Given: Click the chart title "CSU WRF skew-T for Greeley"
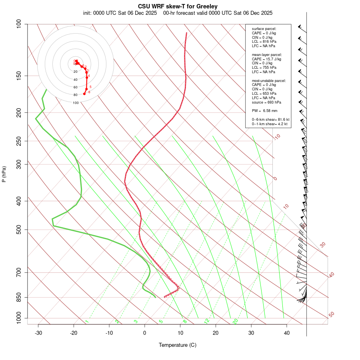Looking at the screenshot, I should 178,6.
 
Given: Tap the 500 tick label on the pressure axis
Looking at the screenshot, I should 18,230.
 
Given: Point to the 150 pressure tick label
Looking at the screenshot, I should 18,76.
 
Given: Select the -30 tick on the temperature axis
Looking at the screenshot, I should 38,333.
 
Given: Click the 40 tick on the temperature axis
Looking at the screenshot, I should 287,333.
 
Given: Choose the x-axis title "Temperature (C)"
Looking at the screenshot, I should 178,345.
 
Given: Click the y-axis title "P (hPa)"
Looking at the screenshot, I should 4,174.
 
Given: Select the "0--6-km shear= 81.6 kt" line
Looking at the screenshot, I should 270,120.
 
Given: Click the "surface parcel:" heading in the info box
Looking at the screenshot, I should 264,29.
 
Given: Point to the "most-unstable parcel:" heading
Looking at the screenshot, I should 269,80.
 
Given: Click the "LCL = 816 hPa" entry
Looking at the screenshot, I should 264,42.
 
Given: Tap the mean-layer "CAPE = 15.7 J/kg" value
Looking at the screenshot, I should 266,59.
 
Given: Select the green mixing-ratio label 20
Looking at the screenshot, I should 236,321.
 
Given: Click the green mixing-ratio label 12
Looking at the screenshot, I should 207,321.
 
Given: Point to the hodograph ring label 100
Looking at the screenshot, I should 76,103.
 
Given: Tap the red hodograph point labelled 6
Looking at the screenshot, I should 84,94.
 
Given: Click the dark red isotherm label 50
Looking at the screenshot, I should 331,315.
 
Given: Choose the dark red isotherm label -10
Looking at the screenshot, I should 277,137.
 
